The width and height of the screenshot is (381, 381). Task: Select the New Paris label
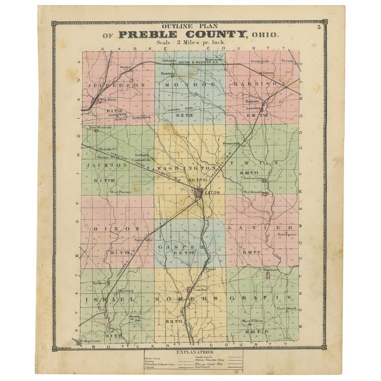point(107,100)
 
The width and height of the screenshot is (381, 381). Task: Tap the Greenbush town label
point(286,309)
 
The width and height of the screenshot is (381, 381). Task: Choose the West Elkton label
point(253,321)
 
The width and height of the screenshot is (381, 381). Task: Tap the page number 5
point(319,28)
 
